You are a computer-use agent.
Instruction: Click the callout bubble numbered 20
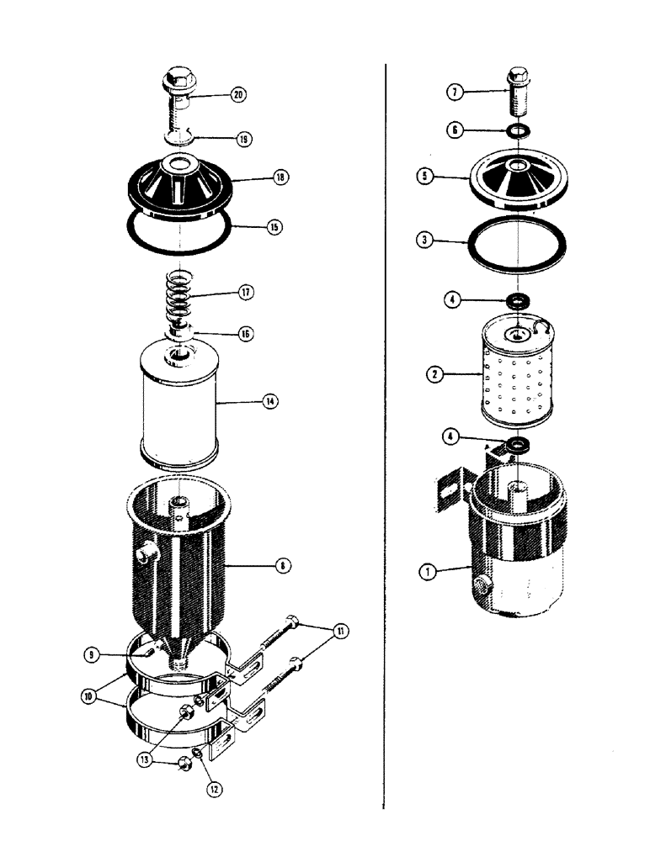click(239, 96)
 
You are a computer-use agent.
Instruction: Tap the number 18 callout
click(280, 177)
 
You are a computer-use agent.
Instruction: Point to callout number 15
click(274, 226)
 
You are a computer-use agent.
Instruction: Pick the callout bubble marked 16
click(245, 333)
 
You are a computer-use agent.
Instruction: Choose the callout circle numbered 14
click(269, 402)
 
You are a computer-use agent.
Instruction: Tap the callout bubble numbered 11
click(341, 630)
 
